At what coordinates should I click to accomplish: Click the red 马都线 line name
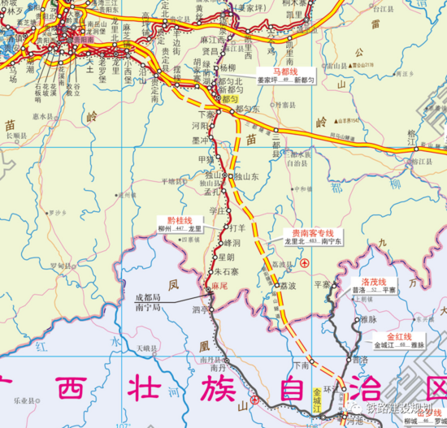coord(287,72)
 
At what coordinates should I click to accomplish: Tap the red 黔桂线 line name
coord(179,220)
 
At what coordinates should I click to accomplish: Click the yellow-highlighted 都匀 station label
coord(229,97)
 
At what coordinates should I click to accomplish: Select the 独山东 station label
coord(245,176)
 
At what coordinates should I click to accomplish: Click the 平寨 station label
coord(323,284)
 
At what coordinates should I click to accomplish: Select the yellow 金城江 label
coord(317,400)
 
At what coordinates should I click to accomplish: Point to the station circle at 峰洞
coord(222,242)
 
